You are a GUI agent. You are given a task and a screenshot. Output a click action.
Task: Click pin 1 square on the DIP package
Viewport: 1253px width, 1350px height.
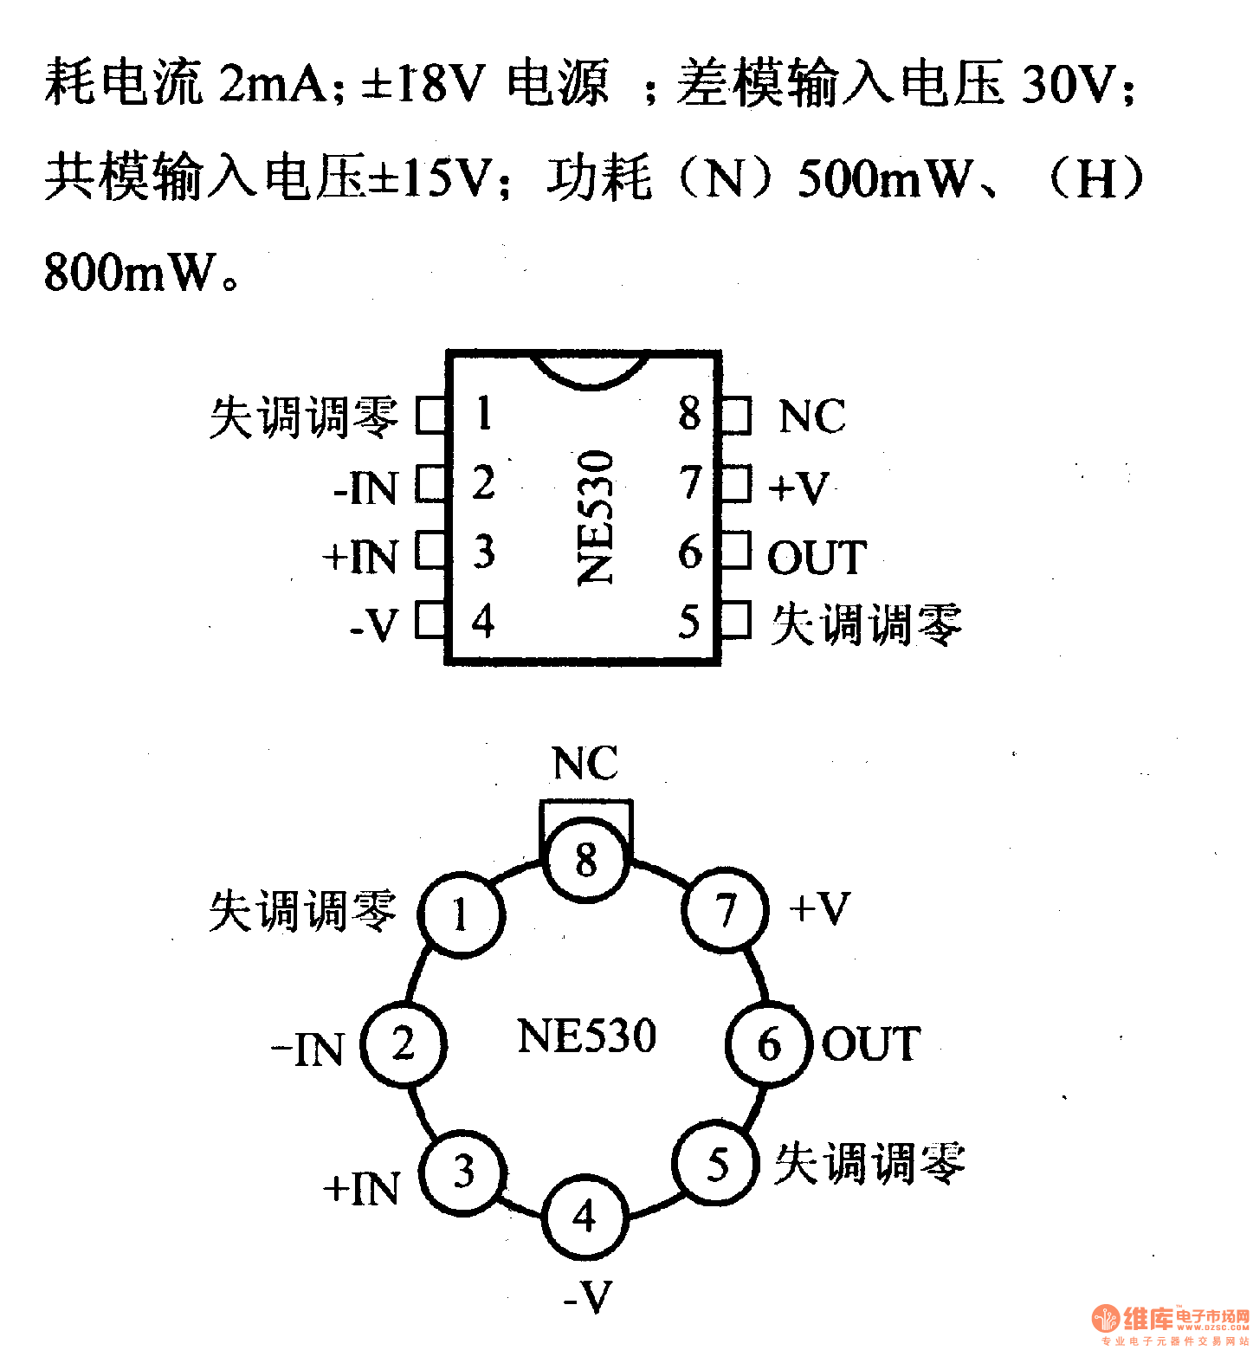(x=430, y=415)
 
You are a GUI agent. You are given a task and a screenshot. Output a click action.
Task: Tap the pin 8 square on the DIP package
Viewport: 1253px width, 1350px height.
(x=737, y=415)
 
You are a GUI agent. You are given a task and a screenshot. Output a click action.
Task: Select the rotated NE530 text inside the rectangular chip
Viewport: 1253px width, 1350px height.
(x=596, y=517)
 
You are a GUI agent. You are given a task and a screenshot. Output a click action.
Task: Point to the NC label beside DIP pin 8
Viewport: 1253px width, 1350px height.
(x=811, y=417)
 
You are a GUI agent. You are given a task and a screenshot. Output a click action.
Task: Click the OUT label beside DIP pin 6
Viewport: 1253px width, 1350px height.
(x=817, y=557)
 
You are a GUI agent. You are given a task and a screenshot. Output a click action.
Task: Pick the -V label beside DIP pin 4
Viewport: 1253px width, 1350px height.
(x=374, y=624)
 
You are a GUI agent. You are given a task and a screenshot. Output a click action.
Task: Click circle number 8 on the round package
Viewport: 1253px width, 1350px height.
(x=586, y=860)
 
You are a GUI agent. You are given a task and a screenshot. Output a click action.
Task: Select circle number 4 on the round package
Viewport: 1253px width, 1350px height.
(x=585, y=1217)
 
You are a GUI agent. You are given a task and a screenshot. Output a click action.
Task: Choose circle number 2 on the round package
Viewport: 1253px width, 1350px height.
(x=404, y=1044)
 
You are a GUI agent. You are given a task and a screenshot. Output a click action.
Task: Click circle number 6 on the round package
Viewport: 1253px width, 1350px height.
(x=769, y=1044)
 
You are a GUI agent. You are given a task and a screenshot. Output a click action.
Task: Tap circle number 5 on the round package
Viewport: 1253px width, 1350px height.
(x=717, y=1164)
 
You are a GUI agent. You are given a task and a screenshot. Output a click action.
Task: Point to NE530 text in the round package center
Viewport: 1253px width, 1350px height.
(x=586, y=1036)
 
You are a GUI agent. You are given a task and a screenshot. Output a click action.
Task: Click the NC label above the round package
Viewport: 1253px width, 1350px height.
(x=585, y=764)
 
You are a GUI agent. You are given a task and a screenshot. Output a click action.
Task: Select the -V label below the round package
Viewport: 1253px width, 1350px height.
(x=587, y=1296)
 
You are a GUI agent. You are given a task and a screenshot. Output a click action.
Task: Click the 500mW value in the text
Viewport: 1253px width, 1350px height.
(x=883, y=178)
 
